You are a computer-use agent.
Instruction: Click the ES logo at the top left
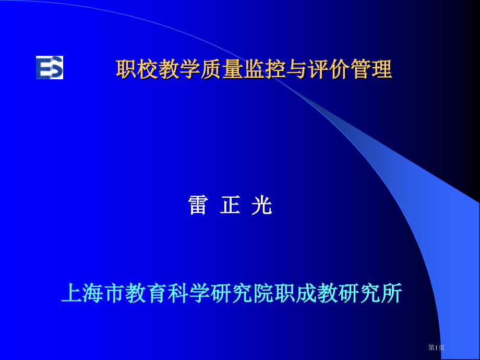(50, 67)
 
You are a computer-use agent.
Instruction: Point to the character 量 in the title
(232, 69)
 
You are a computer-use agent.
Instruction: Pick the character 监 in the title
(254, 69)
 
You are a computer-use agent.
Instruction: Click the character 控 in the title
(275, 69)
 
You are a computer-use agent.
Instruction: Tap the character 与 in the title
(296, 69)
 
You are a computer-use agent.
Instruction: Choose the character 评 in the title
(318, 69)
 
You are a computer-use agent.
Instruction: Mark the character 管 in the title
(361, 69)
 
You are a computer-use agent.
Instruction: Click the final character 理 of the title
(382, 69)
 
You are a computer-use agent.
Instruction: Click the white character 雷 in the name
(198, 206)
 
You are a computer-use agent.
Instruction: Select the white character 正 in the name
(230, 206)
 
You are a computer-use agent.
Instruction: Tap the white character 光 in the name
(262, 206)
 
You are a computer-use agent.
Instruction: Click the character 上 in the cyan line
(71, 294)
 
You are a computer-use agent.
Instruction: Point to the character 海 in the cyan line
(93, 294)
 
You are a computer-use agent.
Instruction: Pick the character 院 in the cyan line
(263, 294)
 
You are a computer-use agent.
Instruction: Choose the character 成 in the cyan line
(306, 294)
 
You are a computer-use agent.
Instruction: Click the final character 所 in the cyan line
(392, 294)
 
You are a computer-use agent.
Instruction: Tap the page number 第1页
(436, 347)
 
